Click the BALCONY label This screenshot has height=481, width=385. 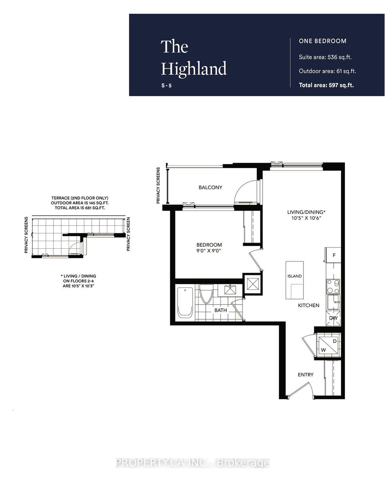pos(210,187)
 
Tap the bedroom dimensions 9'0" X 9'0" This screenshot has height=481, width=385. pos(209,251)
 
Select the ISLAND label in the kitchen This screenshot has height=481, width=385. pos(295,276)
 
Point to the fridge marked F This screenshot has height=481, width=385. pos(334,255)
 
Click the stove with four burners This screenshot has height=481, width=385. pos(333,287)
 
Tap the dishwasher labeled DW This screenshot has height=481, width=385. pos(333,318)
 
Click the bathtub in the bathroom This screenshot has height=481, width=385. pos(185,303)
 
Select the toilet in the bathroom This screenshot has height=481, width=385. pos(206,294)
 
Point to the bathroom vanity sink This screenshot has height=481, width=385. pos(230,290)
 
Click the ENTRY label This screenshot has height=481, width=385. pos(306,375)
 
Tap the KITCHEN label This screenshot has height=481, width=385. pos(309,305)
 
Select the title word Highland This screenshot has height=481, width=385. pos(194,68)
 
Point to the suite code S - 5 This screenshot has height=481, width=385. pos(166,86)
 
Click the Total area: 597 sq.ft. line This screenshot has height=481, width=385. pos(326,85)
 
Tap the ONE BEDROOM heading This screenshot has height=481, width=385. pos(323,41)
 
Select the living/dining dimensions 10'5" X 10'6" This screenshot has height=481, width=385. pos(306,218)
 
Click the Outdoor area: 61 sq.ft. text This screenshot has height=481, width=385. pos(327,71)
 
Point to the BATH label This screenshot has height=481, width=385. pos(221,310)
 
